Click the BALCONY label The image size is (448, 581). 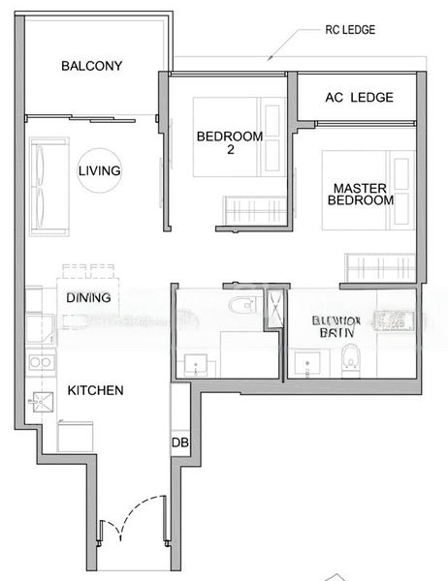pyautogui.click(x=91, y=66)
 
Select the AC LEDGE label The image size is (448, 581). pyautogui.click(x=358, y=97)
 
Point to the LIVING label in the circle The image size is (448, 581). pyautogui.click(x=100, y=171)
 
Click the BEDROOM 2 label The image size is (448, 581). pyautogui.click(x=230, y=143)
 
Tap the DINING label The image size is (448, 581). pyautogui.click(x=88, y=298)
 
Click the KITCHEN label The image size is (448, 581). pyautogui.click(x=95, y=390)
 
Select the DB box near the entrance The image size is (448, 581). pyautogui.click(x=179, y=443)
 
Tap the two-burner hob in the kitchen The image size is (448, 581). pyautogui.click(x=41, y=363)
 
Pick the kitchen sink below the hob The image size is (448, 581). pyautogui.click(x=42, y=401)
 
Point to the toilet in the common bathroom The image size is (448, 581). pyautogui.click(x=239, y=307)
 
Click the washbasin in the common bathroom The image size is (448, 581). pyautogui.click(x=196, y=364)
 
